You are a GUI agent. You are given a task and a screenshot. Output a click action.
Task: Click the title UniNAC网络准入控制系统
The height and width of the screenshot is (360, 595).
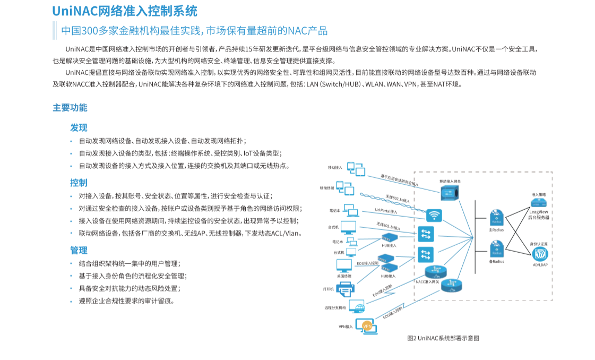pyautogui.click(x=125, y=11)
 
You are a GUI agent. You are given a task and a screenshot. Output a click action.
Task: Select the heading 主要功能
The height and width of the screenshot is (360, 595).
pyautogui.click(x=70, y=107)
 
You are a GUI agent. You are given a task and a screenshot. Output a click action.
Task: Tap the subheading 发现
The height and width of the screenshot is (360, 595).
pyautogui.click(x=79, y=127)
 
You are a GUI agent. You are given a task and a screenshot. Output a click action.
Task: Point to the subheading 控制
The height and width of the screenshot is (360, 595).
pyautogui.click(x=79, y=183)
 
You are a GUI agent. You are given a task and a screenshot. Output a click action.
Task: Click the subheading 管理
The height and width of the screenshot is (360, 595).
pyautogui.click(x=79, y=250)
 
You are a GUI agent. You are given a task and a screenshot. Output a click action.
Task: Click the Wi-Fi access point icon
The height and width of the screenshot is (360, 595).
pyautogui.click(x=434, y=216)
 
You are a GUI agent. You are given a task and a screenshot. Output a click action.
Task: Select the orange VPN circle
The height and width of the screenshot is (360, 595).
pyautogui.click(x=366, y=326)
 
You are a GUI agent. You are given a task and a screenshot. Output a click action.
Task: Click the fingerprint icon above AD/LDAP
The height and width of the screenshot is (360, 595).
pyautogui.click(x=539, y=254)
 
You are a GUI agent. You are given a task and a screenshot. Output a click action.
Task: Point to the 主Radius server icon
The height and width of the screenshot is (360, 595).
pyautogui.click(x=497, y=218)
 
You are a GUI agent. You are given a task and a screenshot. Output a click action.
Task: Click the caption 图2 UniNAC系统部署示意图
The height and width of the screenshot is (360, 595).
pyautogui.click(x=443, y=338)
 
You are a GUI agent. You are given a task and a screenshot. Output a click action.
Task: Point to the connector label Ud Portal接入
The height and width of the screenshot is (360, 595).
pyautogui.click(x=386, y=211)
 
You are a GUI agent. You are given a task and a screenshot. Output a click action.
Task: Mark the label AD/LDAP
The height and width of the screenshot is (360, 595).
pyautogui.click(x=540, y=264)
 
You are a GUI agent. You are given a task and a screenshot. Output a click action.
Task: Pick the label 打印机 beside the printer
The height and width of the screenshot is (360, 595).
pyautogui.click(x=329, y=289)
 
